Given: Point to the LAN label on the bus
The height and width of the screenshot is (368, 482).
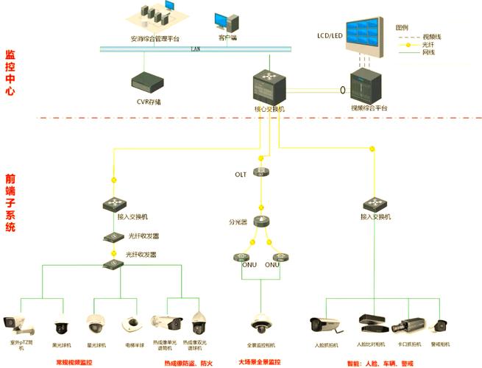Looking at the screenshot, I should [x=195, y=49].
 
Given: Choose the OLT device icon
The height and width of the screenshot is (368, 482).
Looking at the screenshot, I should [x=262, y=172].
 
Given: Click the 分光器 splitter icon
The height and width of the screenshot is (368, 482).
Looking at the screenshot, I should [x=262, y=221].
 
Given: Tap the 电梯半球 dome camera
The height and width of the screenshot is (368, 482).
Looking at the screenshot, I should [x=131, y=323].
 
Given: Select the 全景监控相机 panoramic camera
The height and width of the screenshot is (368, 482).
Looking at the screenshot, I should [x=261, y=323].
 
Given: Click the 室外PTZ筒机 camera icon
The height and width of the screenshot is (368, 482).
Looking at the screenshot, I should [x=15, y=322].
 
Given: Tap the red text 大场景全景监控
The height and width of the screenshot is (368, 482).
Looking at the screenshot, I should [x=259, y=362].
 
